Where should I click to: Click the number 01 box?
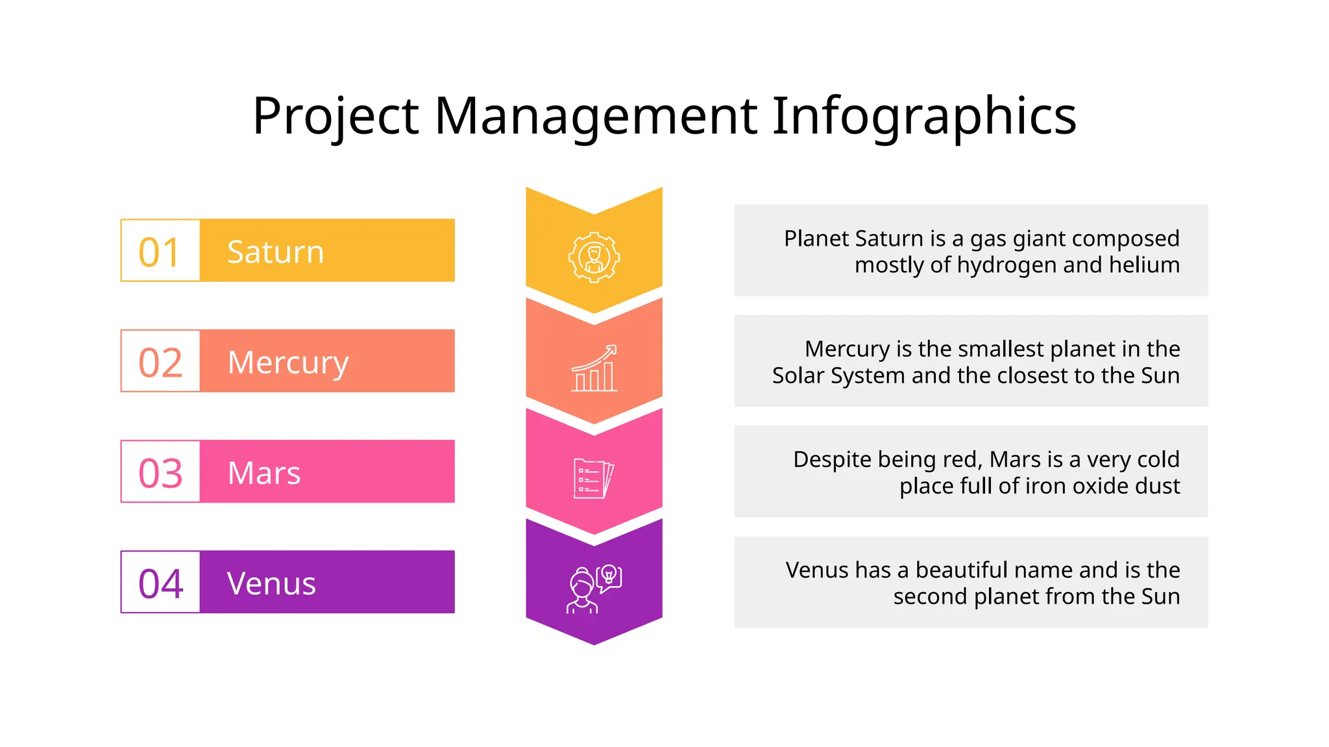click(x=160, y=251)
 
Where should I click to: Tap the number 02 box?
click(x=160, y=361)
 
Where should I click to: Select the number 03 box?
click(x=160, y=472)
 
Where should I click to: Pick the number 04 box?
click(x=160, y=582)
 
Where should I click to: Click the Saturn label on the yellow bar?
click(x=275, y=252)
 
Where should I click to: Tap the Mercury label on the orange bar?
click(x=288, y=362)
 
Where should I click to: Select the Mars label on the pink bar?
click(x=264, y=473)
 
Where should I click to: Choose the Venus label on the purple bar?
click(x=271, y=583)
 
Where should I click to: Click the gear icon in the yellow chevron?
click(x=594, y=257)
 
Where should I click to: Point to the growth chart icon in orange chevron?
click(x=594, y=368)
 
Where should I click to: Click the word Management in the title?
click(x=596, y=116)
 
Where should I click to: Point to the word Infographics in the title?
click(x=924, y=116)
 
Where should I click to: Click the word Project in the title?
click(x=335, y=116)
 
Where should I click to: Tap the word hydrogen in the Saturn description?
click(x=1006, y=265)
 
